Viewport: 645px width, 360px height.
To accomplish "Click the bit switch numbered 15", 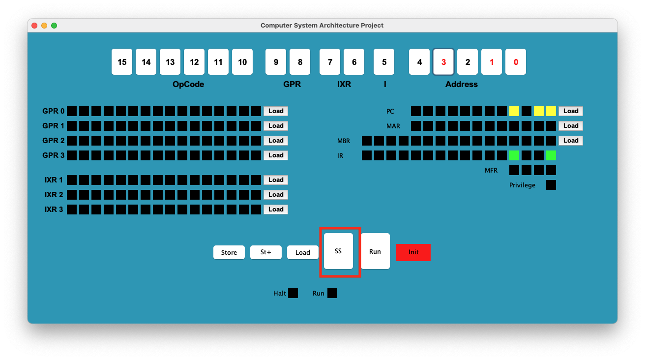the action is (122, 62).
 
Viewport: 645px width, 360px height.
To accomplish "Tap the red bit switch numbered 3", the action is (443, 62).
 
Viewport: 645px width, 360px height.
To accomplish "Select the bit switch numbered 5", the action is (384, 62).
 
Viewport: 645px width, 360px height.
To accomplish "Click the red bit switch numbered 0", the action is (516, 62).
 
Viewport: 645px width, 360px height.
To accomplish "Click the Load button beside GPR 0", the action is (276, 111).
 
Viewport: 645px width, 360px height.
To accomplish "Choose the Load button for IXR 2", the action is (276, 194).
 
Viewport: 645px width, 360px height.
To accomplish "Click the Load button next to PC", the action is (571, 111).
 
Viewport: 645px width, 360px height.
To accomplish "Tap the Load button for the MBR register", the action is (571, 141).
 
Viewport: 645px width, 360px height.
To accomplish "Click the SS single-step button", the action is (338, 251).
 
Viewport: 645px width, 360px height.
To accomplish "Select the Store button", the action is (229, 252).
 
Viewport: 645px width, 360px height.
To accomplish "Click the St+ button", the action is (266, 252).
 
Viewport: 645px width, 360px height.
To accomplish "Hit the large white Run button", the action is (375, 251).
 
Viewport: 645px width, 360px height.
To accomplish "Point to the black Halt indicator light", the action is (293, 293).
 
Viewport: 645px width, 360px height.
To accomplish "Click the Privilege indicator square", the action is (551, 185).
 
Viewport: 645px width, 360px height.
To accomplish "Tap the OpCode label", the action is (188, 84).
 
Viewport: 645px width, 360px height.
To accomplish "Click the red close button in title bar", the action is (34, 26).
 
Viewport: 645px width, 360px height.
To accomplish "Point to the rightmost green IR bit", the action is (551, 155).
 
